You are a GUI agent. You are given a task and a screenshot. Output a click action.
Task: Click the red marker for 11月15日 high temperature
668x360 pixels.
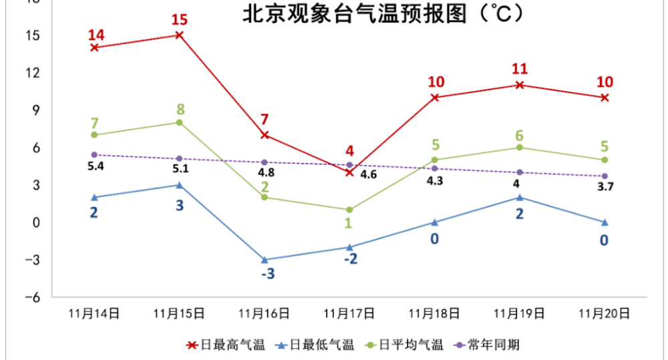click(179, 35)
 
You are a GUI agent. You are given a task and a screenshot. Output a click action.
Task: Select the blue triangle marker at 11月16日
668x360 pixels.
click(265, 260)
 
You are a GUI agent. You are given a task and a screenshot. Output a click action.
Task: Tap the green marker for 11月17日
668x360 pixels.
click(349, 210)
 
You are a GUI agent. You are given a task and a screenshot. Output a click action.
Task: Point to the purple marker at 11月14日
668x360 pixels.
click(94, 155)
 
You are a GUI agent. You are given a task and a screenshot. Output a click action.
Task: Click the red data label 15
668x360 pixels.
click(179, 18)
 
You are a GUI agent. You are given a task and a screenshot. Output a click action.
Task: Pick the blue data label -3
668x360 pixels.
click(265, 274)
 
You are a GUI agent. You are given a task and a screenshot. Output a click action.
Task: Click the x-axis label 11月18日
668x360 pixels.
click(434, 313)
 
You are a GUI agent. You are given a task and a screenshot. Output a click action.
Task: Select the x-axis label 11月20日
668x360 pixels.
click(604, 313)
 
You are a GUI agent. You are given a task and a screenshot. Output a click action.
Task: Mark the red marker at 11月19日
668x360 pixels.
click(519, 85)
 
